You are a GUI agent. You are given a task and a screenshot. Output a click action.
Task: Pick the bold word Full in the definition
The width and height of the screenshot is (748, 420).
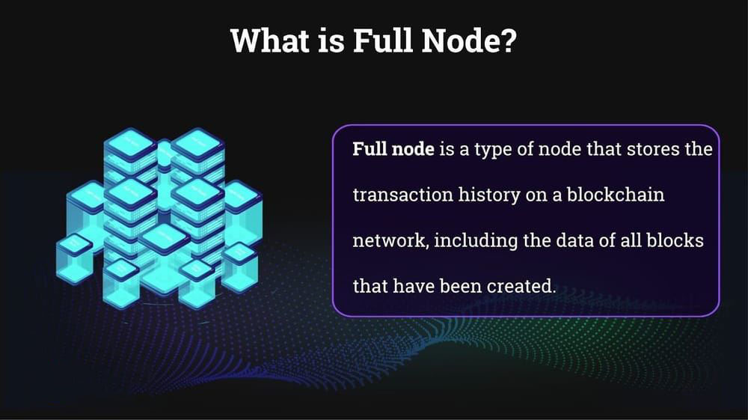[x=370, y=149]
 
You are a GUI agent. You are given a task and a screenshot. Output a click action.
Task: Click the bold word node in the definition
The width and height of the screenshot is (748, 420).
[x=413, y=150]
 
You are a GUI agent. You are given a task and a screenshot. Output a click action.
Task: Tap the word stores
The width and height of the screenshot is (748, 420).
[x=652, y=150]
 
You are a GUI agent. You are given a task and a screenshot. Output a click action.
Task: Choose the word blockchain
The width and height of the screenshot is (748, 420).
[x=616, y=194]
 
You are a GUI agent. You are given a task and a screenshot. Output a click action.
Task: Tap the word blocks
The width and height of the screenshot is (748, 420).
[x=675, y=240]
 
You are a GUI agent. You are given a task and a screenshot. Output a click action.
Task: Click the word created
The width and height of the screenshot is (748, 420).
[x=521, y=285]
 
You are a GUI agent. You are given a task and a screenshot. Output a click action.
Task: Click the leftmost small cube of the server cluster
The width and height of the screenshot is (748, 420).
[x=74, y=258]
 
